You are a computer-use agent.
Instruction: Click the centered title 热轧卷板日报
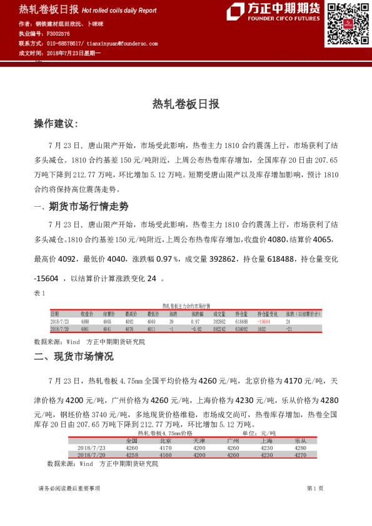click(x=186, y=104)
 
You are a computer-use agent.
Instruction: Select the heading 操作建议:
click(x=56, y=124)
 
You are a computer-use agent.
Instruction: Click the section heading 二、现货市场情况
click(x=74, y=357)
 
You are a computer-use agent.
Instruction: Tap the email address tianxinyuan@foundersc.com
click(x=122, y=44)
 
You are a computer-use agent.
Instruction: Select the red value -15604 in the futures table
click(x=266, y=321)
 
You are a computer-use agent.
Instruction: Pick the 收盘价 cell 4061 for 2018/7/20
click(x=86, y=328)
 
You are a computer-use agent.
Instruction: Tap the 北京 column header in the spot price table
click(x=165, y=440)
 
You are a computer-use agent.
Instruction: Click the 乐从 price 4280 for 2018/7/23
click(x=300, y=448)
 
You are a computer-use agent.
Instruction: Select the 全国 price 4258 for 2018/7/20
click(x=131, y=455)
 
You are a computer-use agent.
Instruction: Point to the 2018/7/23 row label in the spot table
click(x=91, y=448)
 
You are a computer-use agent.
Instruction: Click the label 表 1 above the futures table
click(x=39, y=292)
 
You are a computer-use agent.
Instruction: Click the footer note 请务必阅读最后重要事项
click(x=69, y=488)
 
